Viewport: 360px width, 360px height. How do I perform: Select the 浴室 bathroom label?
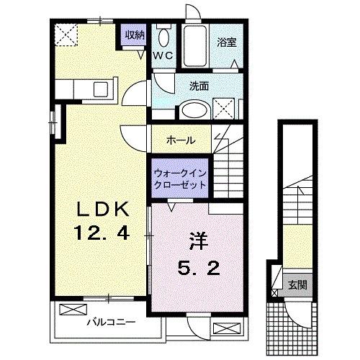[228, 42]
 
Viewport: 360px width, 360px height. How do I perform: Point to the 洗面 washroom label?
[199, 85]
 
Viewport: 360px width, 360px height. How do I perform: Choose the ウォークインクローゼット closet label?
[179, 178]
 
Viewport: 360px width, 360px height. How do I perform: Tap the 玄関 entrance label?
[297, 283]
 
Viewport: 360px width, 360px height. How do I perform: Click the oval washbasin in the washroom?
[193, 110]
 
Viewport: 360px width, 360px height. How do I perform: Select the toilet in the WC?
[163, 37]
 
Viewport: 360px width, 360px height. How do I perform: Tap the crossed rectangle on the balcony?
[72, 310]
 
